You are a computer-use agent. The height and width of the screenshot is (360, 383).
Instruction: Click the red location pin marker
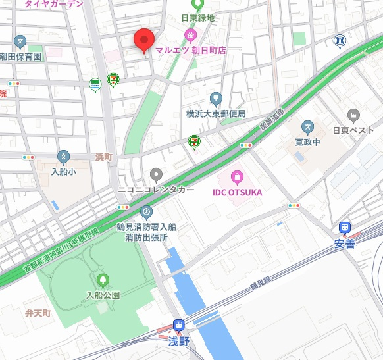(143, 39)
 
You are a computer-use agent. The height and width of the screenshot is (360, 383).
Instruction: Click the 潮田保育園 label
(20, 57)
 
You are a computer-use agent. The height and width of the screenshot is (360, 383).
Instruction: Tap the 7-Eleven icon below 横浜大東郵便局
(195, 141)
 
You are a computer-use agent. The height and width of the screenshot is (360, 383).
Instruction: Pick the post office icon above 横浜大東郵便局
(216, 99)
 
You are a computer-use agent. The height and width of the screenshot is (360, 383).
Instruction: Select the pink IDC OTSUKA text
(236, 192)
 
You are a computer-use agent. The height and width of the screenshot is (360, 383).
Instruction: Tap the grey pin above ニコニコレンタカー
(156, 174)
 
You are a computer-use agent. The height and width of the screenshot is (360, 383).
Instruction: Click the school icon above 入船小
(63, 157)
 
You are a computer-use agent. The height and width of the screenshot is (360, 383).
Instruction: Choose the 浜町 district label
(104, 157)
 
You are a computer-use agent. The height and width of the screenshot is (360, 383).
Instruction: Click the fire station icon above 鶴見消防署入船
(146, 212)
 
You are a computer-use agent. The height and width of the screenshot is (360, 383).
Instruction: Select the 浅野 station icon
(178, 325)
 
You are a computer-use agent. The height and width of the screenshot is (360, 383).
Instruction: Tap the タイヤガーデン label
(54, 4)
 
